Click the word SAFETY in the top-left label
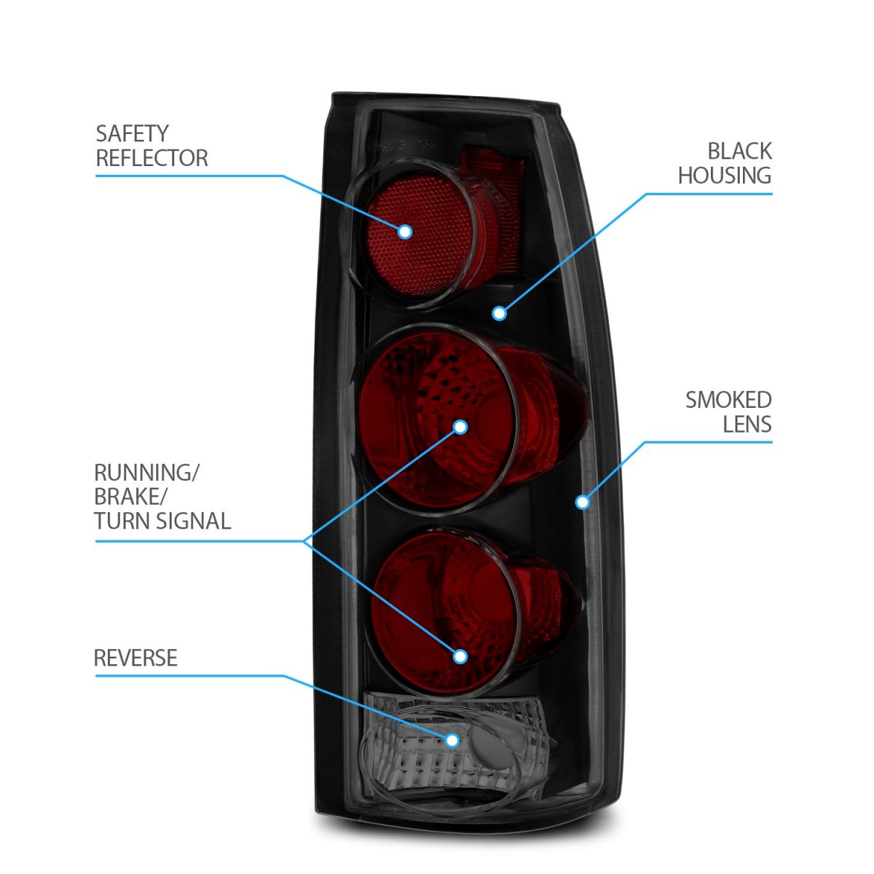(x=132, y=134)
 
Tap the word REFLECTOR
(x=151, y=158)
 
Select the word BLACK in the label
(x=739, y=151)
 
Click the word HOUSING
(x=724, y=176)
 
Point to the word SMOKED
(x=728, y=400)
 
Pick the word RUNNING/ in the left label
(x=146, y=472)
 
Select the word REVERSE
(x=135, y=658)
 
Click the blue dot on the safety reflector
(x=405, y=232)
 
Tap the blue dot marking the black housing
(x=499, y=313)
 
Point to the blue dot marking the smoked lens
(x=582, y=502)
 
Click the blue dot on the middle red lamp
(x=460, y=427)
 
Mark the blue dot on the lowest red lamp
(x=460, y=656)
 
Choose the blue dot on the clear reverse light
(x=452, y=740)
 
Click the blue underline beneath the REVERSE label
(x=189, y=676)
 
